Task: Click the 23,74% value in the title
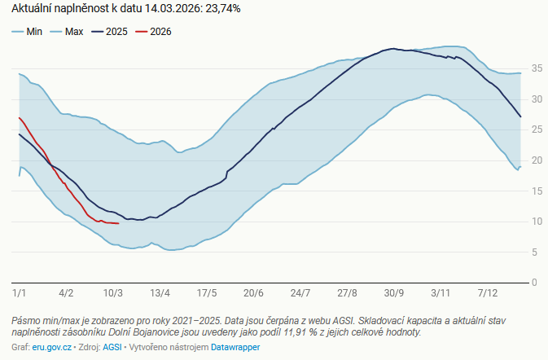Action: pyautogui.click(x=221, y=9)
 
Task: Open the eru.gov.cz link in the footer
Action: pyautogui.click(x=51, y=347)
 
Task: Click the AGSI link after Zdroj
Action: pyautogui.click(x=113, y=347)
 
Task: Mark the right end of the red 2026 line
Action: pyautogui.click(x=119, y=223)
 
